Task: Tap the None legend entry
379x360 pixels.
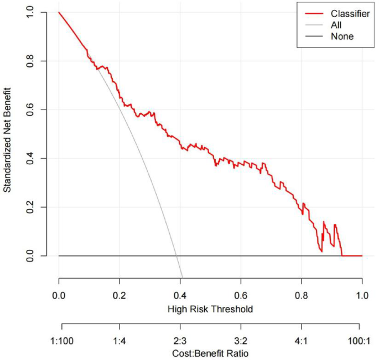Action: click(x=341, y=36)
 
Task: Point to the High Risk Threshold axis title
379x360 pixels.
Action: click(x=210, y=309)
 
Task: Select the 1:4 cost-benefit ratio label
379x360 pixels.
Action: click(x=120, y=337)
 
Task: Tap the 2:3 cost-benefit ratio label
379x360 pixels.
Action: click(x=180, y=337)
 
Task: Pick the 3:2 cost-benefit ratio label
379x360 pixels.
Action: click(x=241, y=337)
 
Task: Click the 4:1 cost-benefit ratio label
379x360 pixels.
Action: click(x=302, y=337)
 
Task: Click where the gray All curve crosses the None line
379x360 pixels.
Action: click(x=176, y=256)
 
